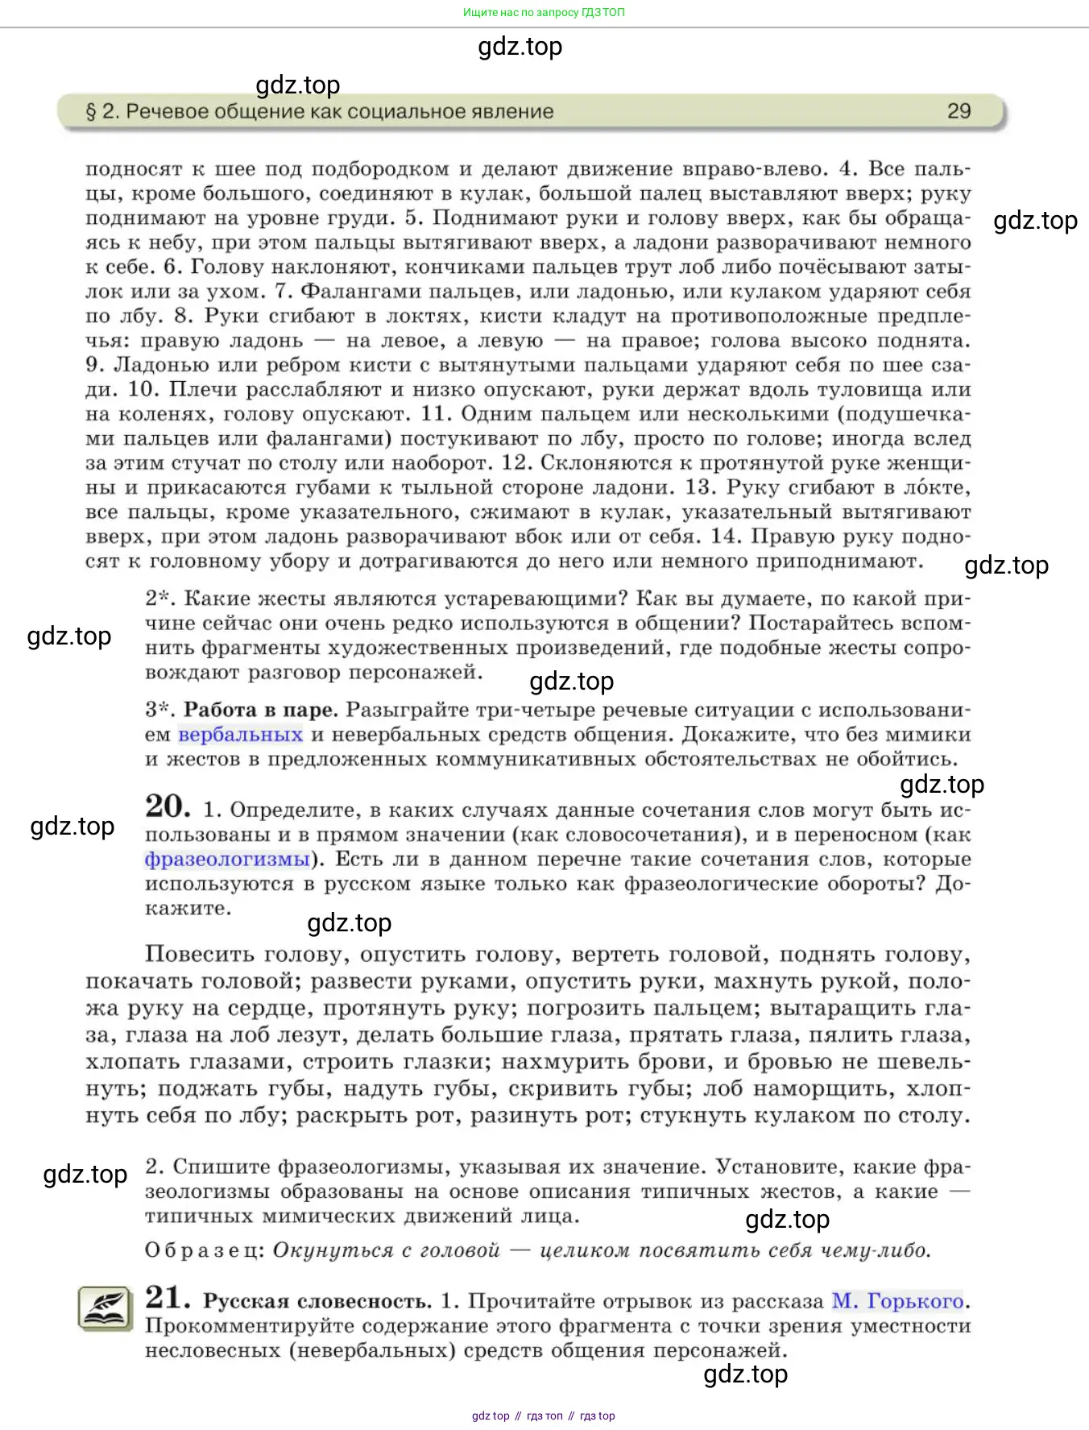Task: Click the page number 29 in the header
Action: click(x=959, y=111)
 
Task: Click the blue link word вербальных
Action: click(x=240, y=735)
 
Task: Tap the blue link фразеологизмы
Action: click(x=227, y=860)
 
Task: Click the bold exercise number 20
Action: click(x=168, y=806)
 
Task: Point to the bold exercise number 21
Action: click(x=168, y=1298)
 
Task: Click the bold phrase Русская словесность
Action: click(x=317, y=1301)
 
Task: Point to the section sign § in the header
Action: click(x=91, y=111)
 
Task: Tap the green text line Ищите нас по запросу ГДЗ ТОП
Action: click(x=544, y=12)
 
